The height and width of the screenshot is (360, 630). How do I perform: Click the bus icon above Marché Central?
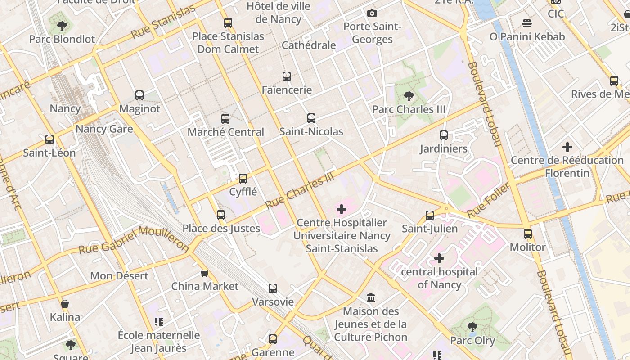click(x=225, y=119)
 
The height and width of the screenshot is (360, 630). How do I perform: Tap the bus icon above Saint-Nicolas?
click(x=311, y=118)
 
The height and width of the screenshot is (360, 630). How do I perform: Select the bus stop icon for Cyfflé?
click(x=243, y=179)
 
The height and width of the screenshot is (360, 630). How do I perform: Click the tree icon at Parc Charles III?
click(x=409, y=96)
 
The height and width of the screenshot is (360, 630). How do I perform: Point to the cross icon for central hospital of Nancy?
click(x=439, y=258)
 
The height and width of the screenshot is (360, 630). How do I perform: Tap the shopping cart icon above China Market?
click(x=205, y=273)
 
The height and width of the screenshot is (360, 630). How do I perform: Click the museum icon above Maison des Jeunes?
click(x=371, y=297)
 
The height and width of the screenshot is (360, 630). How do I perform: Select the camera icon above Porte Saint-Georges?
click(x=372, y=13)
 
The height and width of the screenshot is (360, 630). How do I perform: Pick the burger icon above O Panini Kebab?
click(x=527, y=23)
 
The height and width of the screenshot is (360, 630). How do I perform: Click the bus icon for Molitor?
click(x=528, y=234)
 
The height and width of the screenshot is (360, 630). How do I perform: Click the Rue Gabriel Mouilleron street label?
click(x=134, y=239)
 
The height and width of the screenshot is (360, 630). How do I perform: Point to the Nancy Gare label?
click(x=104, y=129)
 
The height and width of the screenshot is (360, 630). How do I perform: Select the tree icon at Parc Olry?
click(x=472, y=327)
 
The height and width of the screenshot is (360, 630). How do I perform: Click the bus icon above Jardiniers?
click(x=444, y=135)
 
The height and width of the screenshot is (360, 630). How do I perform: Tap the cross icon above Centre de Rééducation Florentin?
click(x=567, y=147)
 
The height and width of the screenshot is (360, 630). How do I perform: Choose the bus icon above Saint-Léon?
click(x=49, y=139)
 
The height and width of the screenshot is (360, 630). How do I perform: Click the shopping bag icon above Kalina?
click(x=65, y=304)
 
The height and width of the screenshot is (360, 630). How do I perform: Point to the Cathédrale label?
click(x=309, y=45)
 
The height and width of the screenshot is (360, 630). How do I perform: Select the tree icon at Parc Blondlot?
click(x=62, y=26)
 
